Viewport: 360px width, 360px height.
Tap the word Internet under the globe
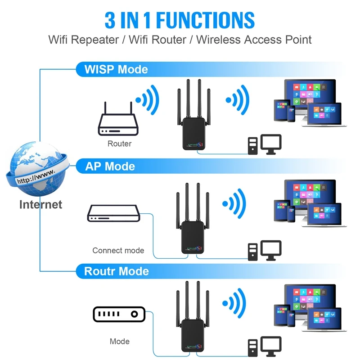pos(40,204)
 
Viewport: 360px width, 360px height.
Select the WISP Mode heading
pos(116,69)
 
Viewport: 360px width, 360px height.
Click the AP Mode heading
pos(110,166)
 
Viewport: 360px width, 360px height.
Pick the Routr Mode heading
pos(117,271)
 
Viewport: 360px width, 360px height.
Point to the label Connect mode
pos(118,250)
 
